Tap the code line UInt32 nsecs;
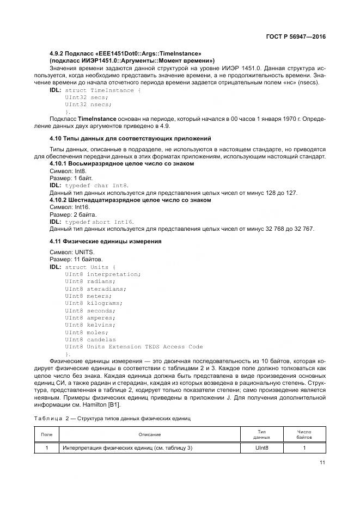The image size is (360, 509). [88, 104]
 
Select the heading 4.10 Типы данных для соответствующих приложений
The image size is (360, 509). [130, 139]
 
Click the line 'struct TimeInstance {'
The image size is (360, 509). [103, 90]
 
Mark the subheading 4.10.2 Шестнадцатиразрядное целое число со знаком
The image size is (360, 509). [130, 200]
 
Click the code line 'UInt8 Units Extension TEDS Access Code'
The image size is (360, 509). [133, 346]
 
